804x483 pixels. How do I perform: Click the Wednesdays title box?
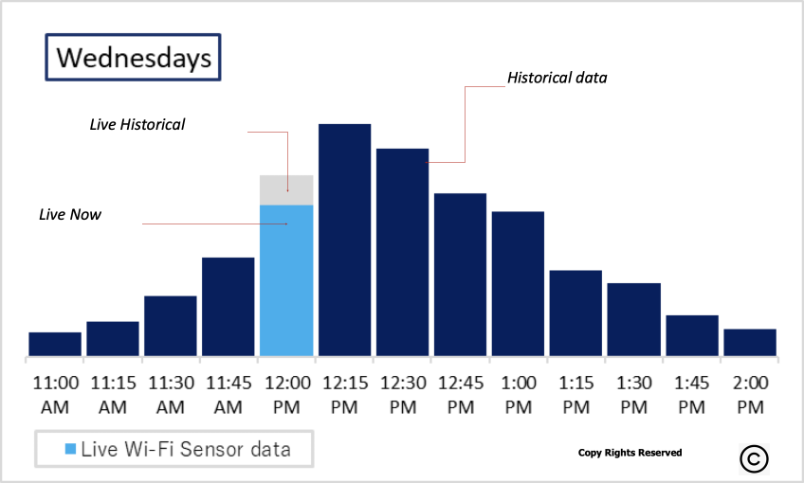pos(133,58)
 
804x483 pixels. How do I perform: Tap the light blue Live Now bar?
pos(286,280)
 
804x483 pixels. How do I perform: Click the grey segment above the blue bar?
pos(286,189)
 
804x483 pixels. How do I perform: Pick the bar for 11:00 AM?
pos(55,344)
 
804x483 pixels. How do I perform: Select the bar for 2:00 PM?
pos(750,342)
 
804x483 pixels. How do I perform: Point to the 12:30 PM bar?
pos(402,252)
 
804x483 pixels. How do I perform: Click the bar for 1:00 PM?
pos(518,283)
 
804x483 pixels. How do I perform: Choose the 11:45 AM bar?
pos(228,306)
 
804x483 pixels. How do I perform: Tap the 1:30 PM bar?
pos(634,319)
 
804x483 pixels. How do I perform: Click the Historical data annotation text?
pos(557,78)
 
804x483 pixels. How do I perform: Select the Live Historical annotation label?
pos(137,124)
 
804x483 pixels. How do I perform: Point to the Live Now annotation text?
pos(70,215)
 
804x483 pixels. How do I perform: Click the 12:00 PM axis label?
pos(286,395)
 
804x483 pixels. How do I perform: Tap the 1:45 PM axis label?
pos(692,395)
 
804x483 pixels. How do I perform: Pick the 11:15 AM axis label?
pos(113,395)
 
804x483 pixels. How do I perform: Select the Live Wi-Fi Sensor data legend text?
pos(184,448)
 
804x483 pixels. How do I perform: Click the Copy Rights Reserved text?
pos(630,453)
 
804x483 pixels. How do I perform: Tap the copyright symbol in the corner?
pos(755,458)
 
